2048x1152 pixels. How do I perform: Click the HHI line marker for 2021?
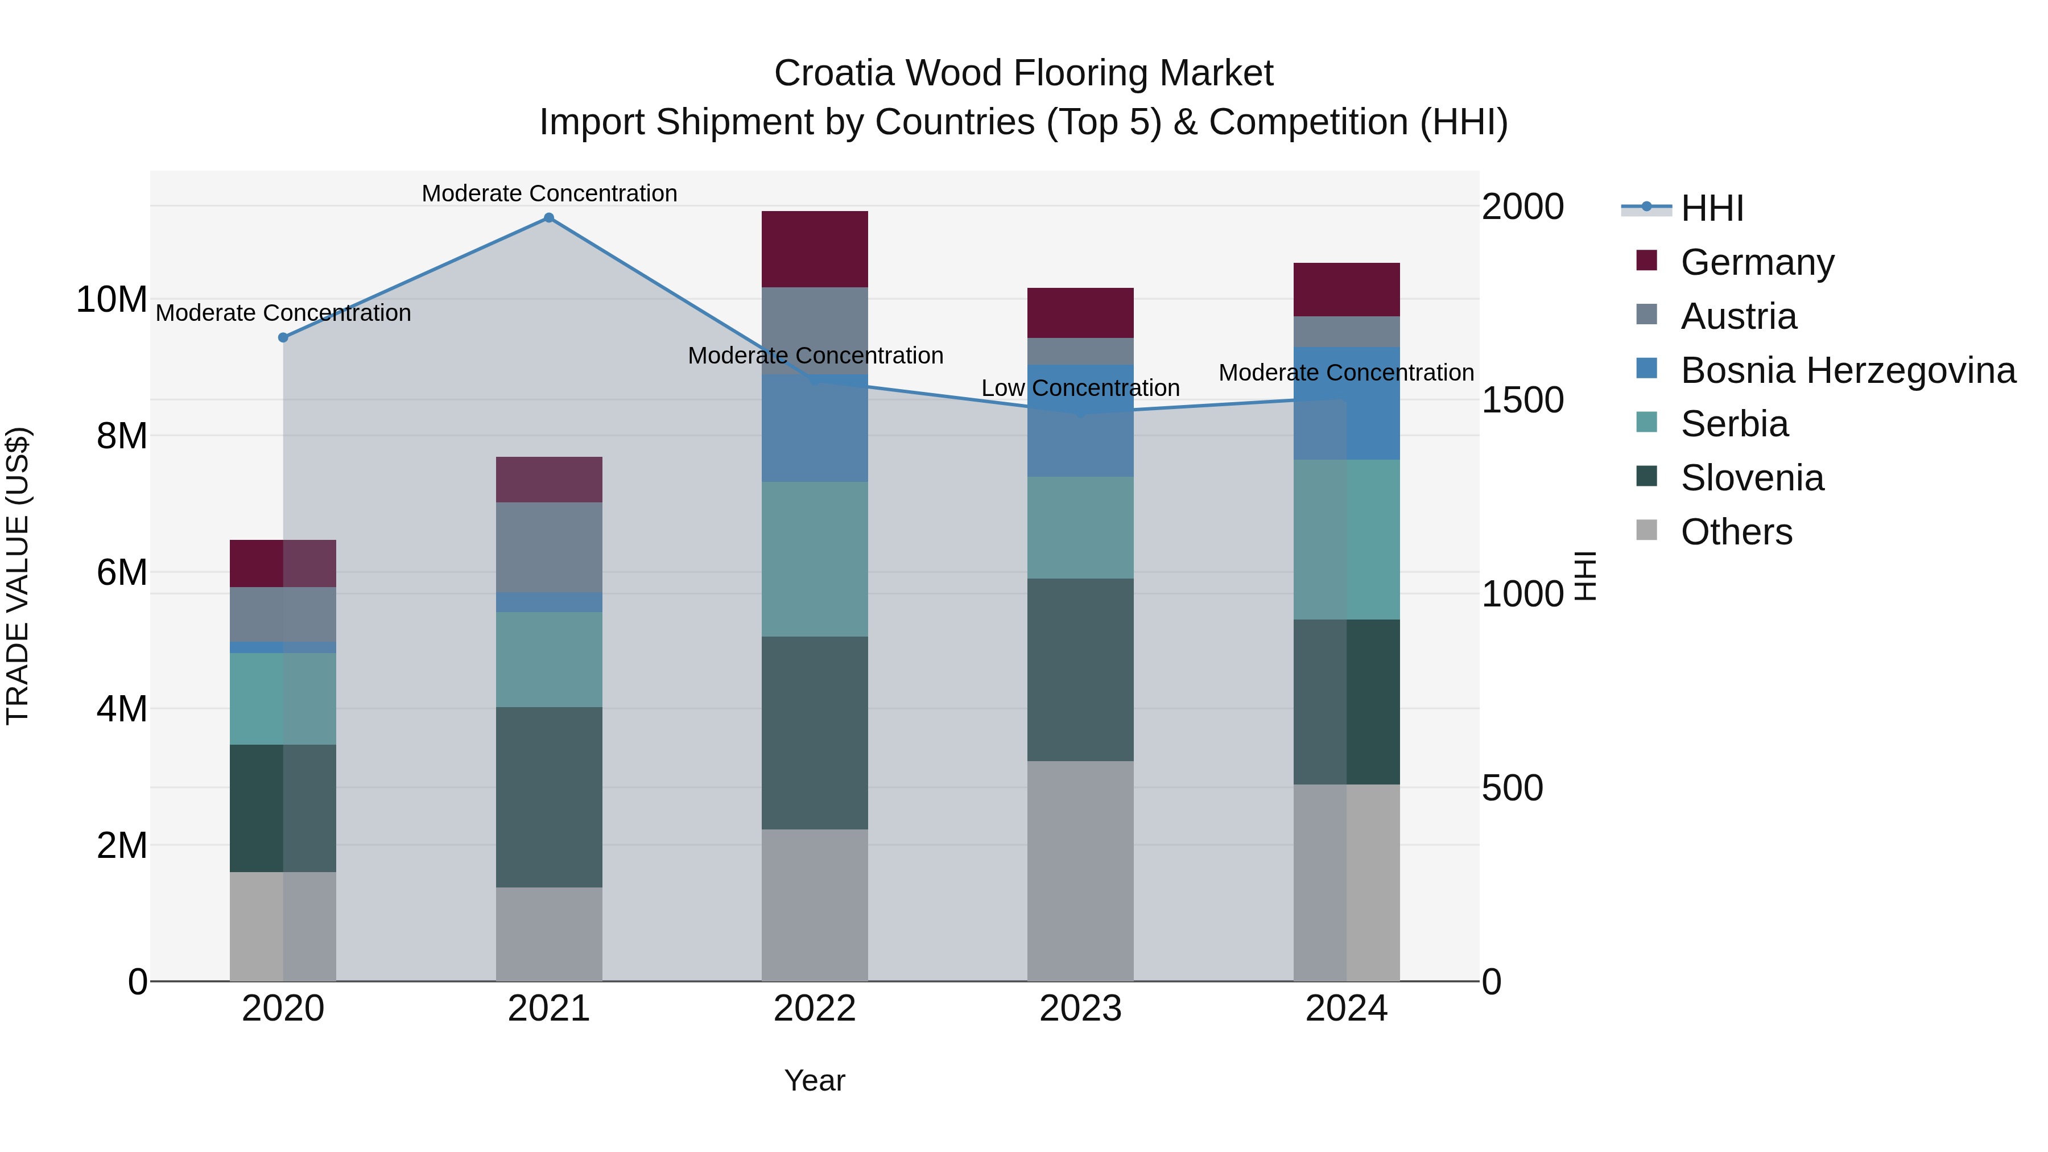(x=548, y=218)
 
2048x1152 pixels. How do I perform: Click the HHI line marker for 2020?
(x=283, y=337)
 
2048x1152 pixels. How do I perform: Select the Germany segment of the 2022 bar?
(x=814, y=249)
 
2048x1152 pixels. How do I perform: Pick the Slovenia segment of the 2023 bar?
(x=1080, y=670)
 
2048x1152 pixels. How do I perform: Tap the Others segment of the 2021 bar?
(x=548, y=934)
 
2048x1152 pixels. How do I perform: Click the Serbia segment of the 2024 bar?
(x=1346, y=539)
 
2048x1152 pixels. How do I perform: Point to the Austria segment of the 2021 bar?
(x=548, y=547)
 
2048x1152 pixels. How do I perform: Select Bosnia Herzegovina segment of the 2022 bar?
(x=814, y=428)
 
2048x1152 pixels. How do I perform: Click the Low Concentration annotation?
(x=1080, y=388)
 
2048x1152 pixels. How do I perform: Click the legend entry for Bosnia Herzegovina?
(x=1848, y=370)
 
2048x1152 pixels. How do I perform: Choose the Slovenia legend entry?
(x=1752, y=478)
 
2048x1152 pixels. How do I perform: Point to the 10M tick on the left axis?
(x=112, y=300)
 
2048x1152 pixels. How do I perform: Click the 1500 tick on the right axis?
(x=1522, y=400)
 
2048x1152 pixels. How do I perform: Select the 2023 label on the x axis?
(x=1080, y=1009)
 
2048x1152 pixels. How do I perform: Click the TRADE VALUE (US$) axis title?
(x=18, y=576)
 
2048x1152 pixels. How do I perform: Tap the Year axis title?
(x=814, y=1080)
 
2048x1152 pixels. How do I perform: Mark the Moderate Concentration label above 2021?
(x=548, y=193)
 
